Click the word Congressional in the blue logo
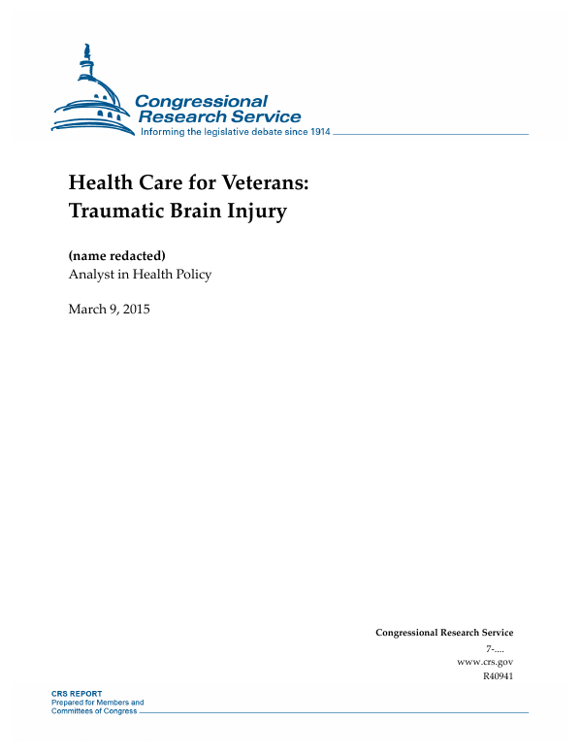click(x=201, y=101)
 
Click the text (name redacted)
click(x=117, y=255)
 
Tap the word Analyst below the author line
click(x=90, y=275)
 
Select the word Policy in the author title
click(x=191, y=275)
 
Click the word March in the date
click(x=86, y=310)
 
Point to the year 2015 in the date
click(x=137, y=310)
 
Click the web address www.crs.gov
click(x=484, y=661)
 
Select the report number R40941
click(x=497, y=675)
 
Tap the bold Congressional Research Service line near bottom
click(x=443, y=633)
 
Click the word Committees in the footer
click(x=75, y=710)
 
